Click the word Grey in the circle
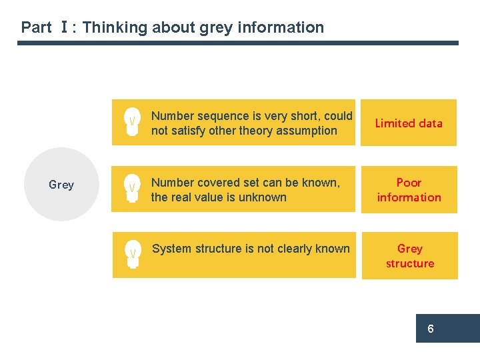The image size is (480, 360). point(61,185)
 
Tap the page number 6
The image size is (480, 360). point(431,329)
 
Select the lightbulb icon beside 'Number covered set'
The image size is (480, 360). point(133,189)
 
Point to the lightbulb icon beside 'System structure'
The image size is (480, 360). point(133,254)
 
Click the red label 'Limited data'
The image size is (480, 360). point(409,123)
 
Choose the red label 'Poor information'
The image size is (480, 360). point(409,189)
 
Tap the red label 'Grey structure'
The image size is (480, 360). point(409,255)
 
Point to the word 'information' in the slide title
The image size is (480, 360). point(283,27)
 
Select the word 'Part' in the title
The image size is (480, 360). point(36,27)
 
